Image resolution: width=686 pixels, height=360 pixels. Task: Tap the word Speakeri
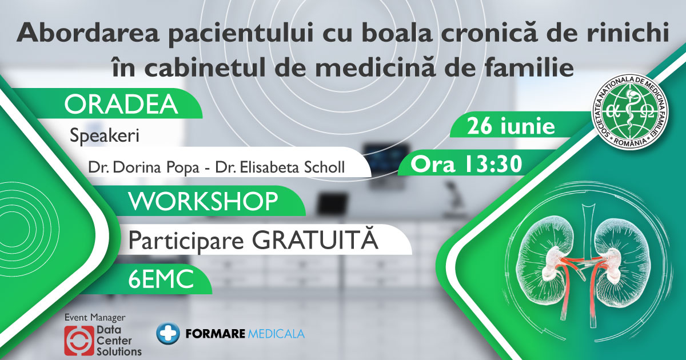(x=105, y=137)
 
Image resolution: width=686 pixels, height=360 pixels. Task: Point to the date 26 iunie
(x=510, y=126)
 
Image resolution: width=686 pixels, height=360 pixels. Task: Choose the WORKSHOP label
(x=203, y=202)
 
